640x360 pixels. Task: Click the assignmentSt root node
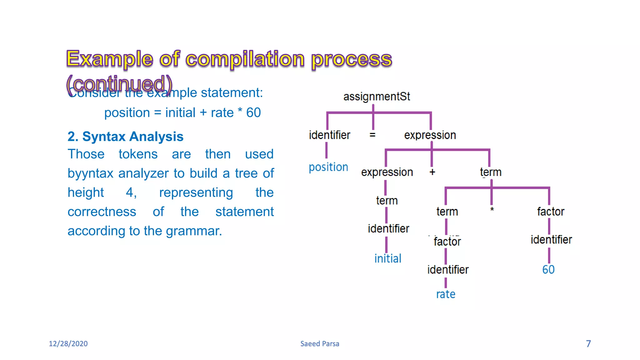[x=377, y=97]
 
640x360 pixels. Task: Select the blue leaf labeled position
[x=328, y=167]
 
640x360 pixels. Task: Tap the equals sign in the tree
[x=372, y=135]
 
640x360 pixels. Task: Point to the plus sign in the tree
[x=432, y=172]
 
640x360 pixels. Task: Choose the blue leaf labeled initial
[x=387, y=258]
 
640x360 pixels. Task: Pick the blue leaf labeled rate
[x=445, y=294]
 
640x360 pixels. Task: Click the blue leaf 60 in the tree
[x=548, y=269]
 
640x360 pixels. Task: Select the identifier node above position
[x=329, y=135]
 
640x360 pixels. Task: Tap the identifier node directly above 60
[x=551, y=240]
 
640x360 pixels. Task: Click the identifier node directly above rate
[x=448, y=270]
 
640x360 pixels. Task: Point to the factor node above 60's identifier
[x=550, y=212]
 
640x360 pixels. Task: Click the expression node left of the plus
[x=387, y=172]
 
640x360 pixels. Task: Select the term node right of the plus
[x=491, y=172]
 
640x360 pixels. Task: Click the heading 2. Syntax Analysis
[x=125, y=137]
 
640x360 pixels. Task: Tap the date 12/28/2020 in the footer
[x=68, y=344]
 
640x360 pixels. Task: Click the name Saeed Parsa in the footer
[x=319, y=344]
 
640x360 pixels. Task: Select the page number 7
[x=588, y=344]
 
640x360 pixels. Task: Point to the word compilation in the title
[x=245, y=59]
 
